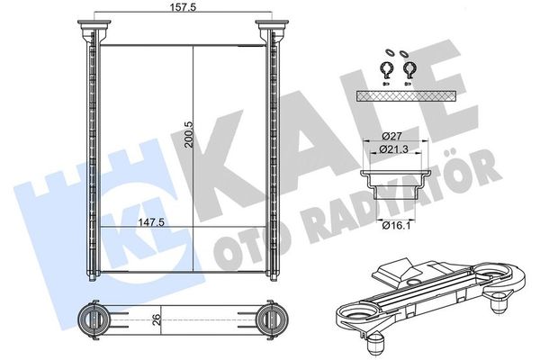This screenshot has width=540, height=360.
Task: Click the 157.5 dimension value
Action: coord(184,7)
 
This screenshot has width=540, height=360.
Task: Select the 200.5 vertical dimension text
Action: coord(188,134)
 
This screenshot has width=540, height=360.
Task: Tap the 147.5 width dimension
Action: coord(151,222)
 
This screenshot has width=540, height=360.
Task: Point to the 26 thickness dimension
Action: coord(156,320)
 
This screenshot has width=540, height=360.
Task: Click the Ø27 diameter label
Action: coord(391,136)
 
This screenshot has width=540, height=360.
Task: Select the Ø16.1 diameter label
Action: coord(396,226)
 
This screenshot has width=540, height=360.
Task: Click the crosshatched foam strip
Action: coord(407,96)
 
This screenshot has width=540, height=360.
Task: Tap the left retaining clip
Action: coord(387,70)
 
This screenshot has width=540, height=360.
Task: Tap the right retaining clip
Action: coord(409,70)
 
